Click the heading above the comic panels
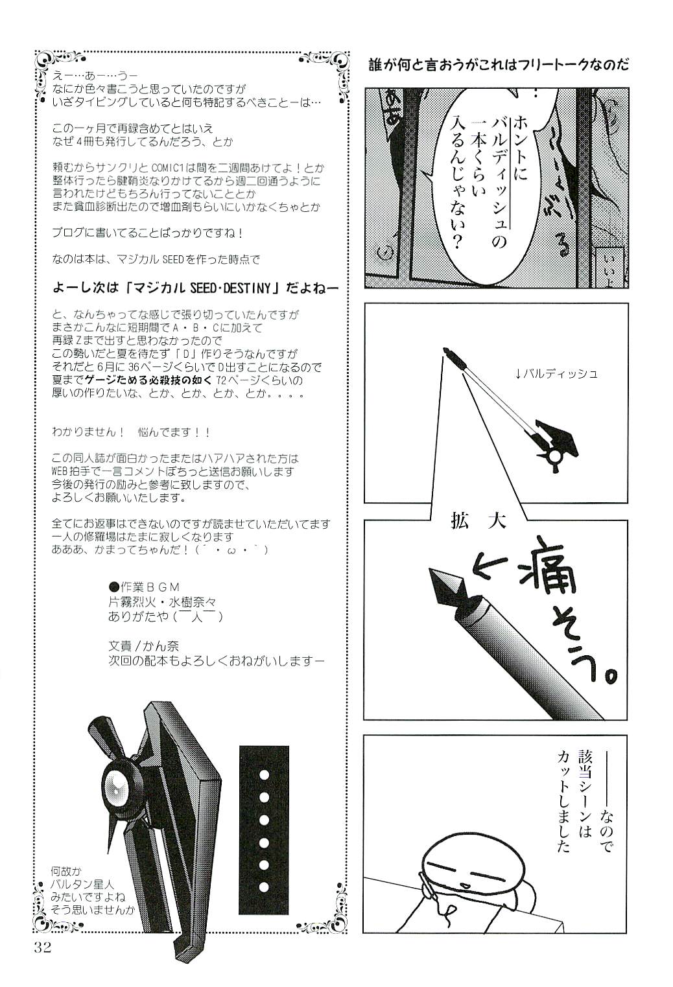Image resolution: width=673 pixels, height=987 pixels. click(500, 65)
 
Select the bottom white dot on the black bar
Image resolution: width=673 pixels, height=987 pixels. click(264, 887)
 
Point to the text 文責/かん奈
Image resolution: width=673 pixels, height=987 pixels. click(145, 646)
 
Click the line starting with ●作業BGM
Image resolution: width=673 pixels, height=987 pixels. click(144, 587)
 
